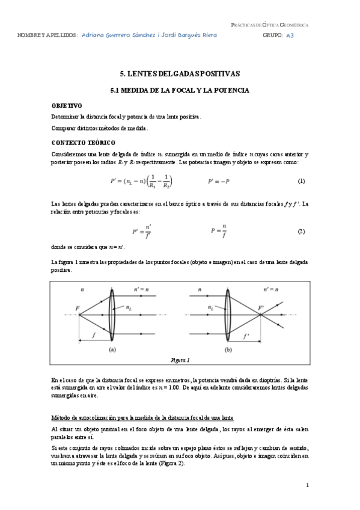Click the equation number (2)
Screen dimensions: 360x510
pyautogui.click(x=302, y=231)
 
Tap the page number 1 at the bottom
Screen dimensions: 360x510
pyautogui.click(x=307, y=485)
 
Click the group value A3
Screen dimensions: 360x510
pyautogui.click(x=290, y=35)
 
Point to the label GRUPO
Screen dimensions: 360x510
pyautogui.click(x=272, y=35)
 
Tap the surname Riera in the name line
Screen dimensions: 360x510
pyautogui.click(x=207, y=35)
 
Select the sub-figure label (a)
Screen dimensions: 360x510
pyautogui.click(x=112, y=349)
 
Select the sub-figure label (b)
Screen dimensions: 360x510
pyautogui.click(x=228, y=349)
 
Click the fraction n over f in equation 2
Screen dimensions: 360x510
pyautogui.click(x=224, y=231)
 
